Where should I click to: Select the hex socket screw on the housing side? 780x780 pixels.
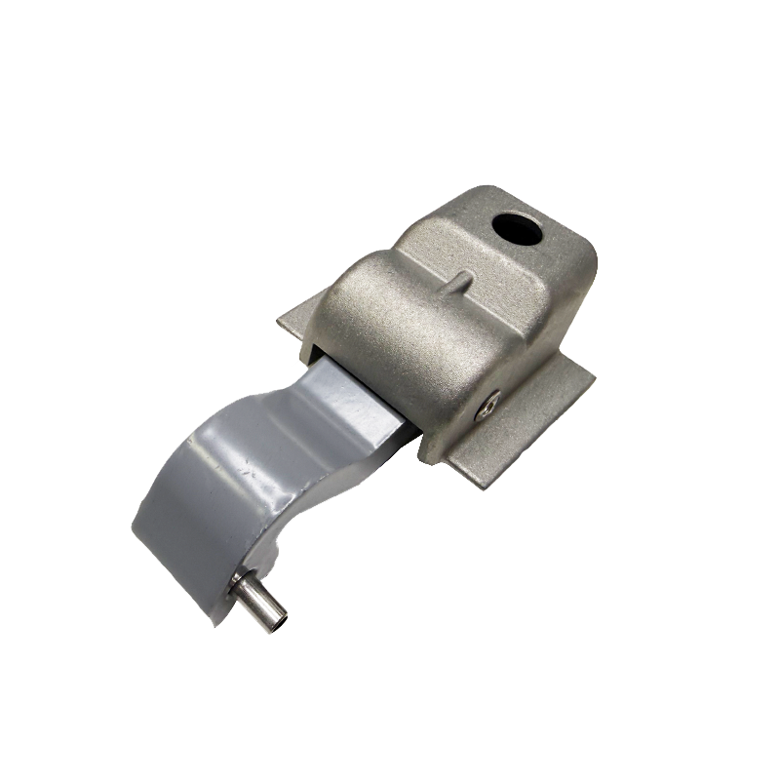pos(491,402)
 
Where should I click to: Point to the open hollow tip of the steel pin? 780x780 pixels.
pos(279,620)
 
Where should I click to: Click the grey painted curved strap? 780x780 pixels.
pos(234,468)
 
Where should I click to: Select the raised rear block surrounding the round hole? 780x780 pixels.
pos(546,253)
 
